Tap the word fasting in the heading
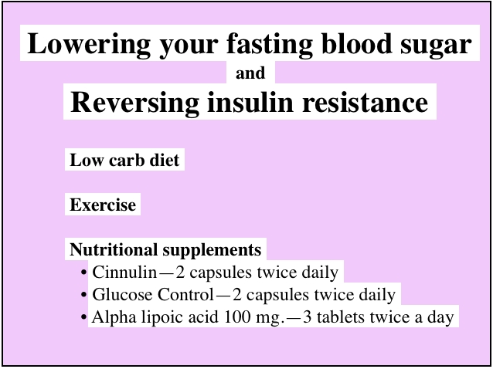click(270, 44)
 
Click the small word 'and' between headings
click(250, 73)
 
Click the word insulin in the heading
click(250, 102)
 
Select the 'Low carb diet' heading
click(124, 160)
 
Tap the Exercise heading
click(103, 205)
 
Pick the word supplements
click(212, 251)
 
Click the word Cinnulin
click(124, 272)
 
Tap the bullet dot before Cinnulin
click(83, 273)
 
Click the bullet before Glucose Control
click(83, 295)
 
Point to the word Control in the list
click(185, 295)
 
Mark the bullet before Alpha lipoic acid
click(83, 317)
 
